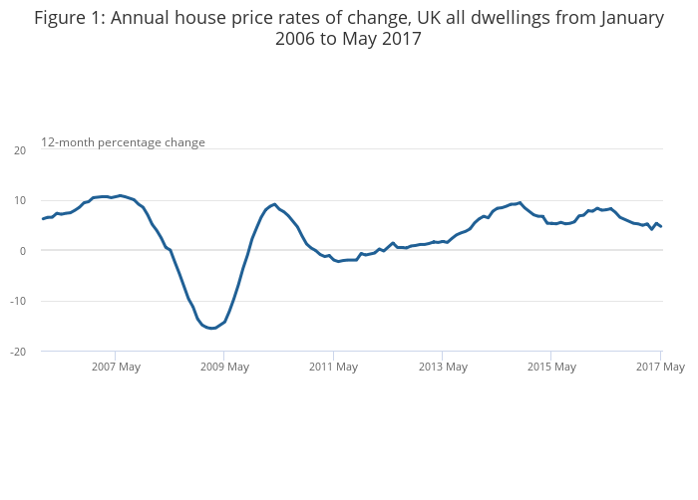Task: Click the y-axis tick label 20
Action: (x=19, y=150)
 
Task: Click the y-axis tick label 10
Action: (x=19, y=200)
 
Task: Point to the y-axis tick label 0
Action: (x=22, y=251)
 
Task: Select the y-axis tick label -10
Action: (x=18, y=301)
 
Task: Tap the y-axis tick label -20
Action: (x=18, y=352)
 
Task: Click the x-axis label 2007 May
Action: (x=115, y=367)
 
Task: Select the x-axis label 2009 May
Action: (x=224, y=367)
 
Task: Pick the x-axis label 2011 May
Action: (x=333, y=367)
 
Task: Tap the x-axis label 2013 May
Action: (x=443, y=367)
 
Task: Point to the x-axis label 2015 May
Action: (x=551, y=367)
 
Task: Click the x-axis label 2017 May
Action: (x=660, y=367)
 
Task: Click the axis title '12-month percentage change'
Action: (x=123, y=142)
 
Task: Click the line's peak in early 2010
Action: (x=274, y=203)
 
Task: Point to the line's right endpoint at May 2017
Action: (x=661, y=227)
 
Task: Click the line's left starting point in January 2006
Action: (x=42, y=218)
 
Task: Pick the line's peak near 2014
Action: (x=520, y=202)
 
